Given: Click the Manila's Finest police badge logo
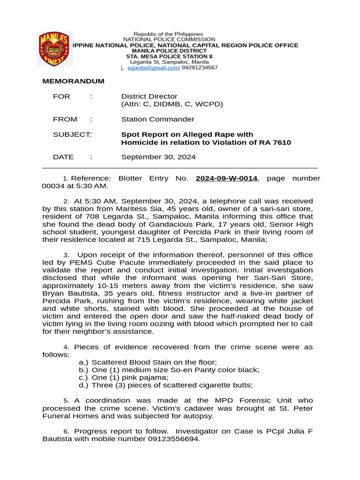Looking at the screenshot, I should [54, 49].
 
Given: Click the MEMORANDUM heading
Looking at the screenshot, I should [73, 81].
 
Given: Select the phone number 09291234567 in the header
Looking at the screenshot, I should [200, 67].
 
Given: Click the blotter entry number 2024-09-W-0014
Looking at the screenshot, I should [226, 179].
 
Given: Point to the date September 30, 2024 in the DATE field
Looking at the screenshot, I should [158, 157].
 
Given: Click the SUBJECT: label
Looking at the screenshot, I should [72, 135].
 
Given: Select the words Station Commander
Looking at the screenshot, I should [157, 120].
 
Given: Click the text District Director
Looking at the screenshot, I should [149, 97].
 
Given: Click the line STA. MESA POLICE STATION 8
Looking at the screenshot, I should [169, 56].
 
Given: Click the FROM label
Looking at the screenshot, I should [65, 120].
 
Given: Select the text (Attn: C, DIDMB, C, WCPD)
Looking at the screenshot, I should [172, 104].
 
